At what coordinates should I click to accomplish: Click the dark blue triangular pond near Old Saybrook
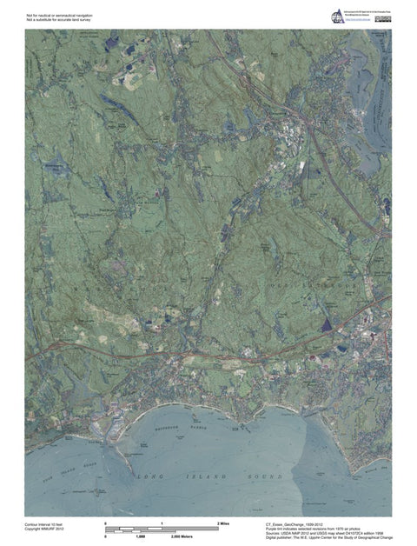pos(327,325)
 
